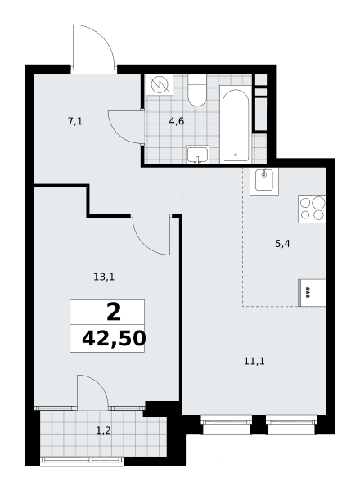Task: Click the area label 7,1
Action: pos(75,121)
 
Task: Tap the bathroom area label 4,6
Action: pos(177,121)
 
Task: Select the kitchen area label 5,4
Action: pos(282,243)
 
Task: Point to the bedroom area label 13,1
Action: pos(104,277)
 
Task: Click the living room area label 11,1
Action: pos(254,362)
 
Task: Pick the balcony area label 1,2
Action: pos(103,431)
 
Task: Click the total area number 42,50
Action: pos(114,339)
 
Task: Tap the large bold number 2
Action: pos(114,313)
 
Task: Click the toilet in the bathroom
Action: pos(197,90)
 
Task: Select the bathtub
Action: pos(236,124)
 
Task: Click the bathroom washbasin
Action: pos(197,155)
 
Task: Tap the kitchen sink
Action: pos(264,182)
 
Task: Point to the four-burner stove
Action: pos(312,209)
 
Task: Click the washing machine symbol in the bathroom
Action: pos(160,84)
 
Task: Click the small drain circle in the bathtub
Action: pos(236,155)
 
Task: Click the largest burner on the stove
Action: pos(318,203)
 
